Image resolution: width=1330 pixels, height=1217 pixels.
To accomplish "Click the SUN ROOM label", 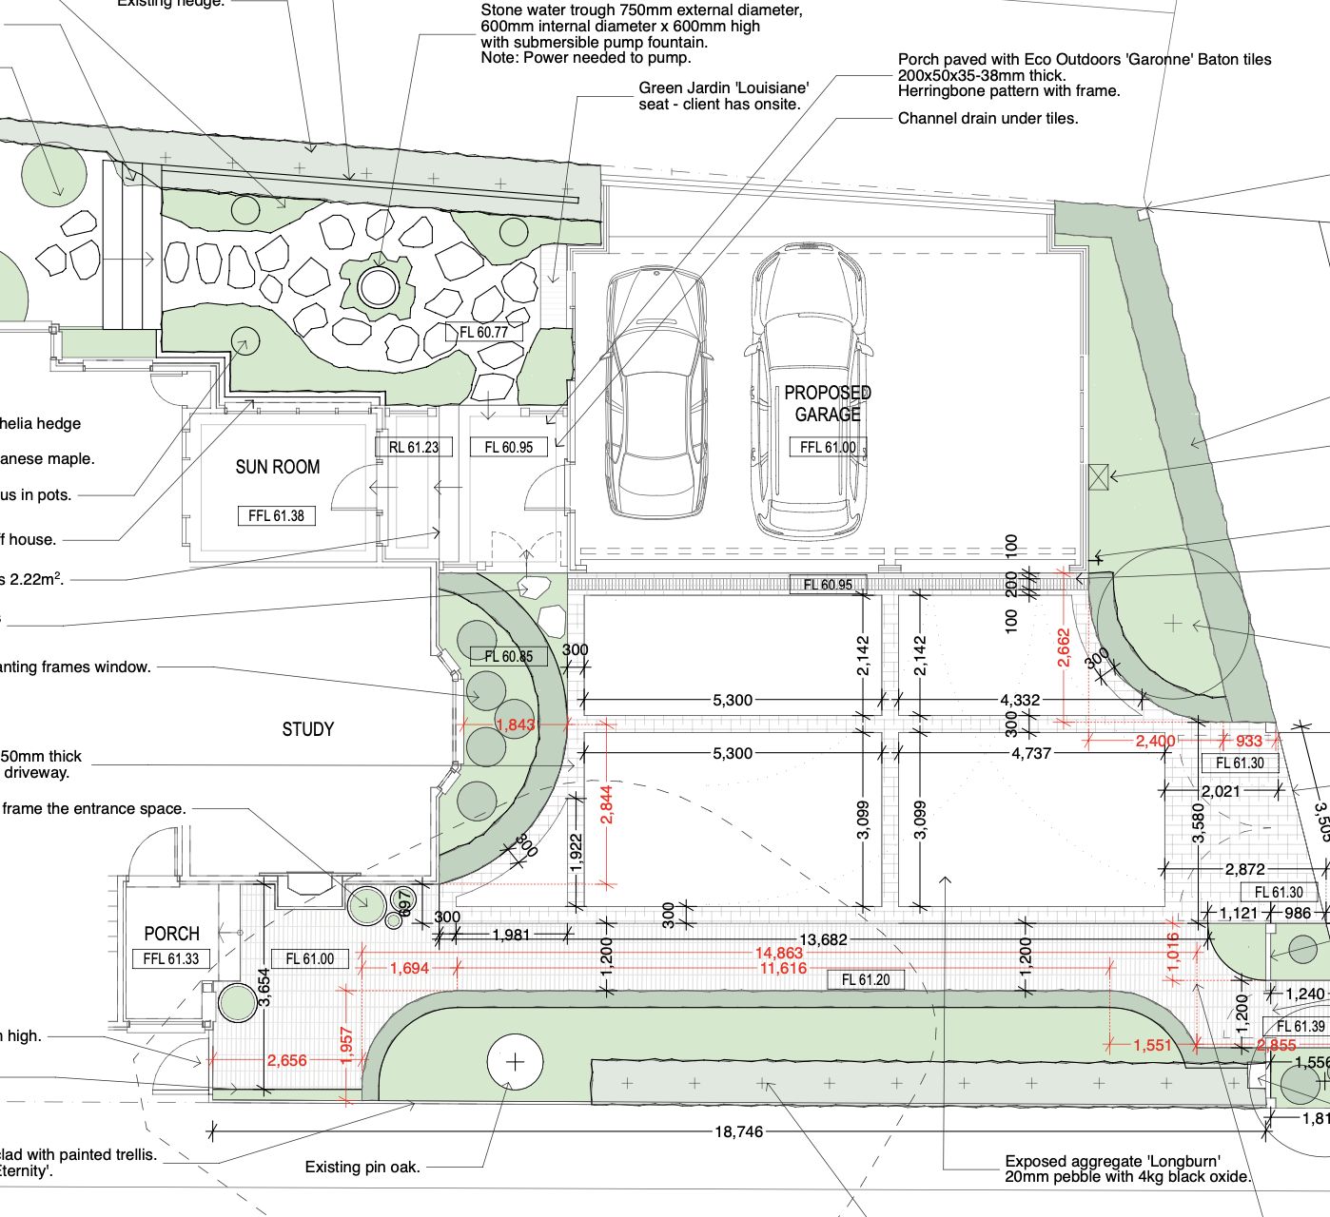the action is pos(278,467).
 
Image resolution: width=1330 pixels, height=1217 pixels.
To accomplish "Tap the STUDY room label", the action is pos(308,729).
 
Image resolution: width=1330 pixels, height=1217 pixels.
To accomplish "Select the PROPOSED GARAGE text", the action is pos(828,403).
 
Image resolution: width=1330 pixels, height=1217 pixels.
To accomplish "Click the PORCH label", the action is pos(171,934).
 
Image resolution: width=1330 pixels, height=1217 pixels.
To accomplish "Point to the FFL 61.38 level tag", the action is pos(276,516).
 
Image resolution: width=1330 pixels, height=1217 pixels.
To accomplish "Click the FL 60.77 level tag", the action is pos(484,332).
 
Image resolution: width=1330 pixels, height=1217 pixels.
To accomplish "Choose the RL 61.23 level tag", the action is pos(414,447).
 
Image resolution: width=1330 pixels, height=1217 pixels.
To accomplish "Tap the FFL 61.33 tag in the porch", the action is pos(171,958).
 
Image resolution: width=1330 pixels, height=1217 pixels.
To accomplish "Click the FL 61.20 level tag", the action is pos(866,979).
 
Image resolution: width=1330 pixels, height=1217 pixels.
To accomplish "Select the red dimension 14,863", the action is pos(779,953).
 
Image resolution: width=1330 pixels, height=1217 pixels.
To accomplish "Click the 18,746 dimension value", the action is pos(739,1131).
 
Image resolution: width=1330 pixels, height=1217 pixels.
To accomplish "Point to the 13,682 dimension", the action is pos(823,939).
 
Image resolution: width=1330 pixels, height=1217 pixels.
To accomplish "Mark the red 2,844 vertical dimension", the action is pos(606,804).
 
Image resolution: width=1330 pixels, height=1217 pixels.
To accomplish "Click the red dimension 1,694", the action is pos(409,968).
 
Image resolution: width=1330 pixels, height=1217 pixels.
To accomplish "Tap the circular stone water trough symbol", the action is pos(378,286).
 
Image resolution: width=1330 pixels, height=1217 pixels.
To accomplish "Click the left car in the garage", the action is pos(655,392).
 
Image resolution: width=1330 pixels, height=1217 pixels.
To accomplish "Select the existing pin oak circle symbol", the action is pos(515,1061).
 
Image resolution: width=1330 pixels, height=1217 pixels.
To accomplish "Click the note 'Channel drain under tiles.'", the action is pos(988,119).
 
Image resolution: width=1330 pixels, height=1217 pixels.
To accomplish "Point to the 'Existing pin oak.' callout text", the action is pos(362,1167).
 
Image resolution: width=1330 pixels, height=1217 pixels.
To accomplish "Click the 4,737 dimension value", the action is pos(1031,753).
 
